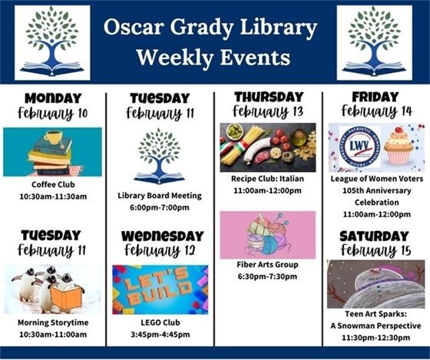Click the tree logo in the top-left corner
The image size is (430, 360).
52,43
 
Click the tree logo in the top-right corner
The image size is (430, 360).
374,43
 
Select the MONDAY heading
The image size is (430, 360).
52,98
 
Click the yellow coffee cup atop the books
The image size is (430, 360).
53,138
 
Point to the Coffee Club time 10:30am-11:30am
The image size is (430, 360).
52,197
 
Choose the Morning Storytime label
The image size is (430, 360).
52,322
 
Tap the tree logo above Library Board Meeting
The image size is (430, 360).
160,156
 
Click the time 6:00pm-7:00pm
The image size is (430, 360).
160,207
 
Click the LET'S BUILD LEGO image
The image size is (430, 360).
160,289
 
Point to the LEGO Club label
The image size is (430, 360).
160,322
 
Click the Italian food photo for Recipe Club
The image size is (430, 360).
267,147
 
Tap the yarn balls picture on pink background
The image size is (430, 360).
267,235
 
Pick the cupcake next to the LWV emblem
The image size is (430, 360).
399,146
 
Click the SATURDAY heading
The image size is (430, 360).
374,236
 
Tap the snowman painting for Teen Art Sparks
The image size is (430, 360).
375,284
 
